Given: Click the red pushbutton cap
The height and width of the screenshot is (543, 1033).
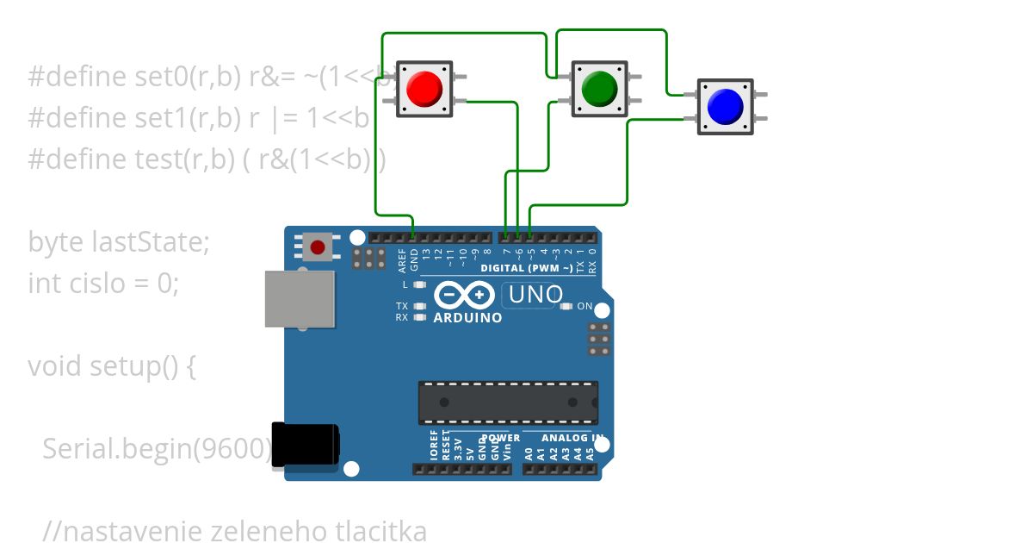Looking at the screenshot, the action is pos(424,87).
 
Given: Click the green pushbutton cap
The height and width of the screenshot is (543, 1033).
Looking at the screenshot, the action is pos(599,87).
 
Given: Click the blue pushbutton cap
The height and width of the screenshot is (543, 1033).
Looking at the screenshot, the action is pos(725,105).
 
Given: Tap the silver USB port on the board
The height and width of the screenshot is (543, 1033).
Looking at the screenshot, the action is pos(299,298).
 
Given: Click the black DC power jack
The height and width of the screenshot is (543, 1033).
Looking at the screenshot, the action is pos(304,444).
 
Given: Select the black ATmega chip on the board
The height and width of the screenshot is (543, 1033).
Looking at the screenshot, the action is pos(508,403).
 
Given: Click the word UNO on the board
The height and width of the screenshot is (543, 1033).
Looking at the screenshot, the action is pos(535,295).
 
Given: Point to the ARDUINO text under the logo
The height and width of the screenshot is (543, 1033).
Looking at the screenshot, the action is pos(467,318).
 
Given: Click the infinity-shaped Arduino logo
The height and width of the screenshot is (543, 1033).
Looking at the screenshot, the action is pos(466,296).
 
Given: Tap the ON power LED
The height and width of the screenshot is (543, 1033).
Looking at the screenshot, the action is pos(566,306).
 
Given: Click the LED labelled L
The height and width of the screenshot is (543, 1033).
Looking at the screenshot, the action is pos(419,284).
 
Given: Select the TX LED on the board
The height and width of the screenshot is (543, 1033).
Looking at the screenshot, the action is pos(419,306).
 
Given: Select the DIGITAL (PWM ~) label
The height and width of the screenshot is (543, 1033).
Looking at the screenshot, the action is pos(526,268).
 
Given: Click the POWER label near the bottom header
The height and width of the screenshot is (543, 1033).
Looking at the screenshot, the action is pos(500,438).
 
